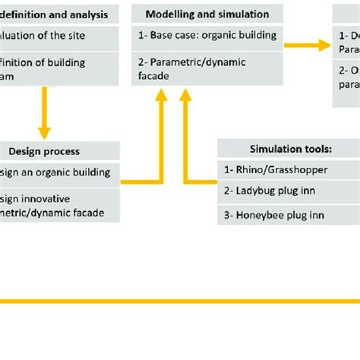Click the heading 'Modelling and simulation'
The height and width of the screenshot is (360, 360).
coord(207,14)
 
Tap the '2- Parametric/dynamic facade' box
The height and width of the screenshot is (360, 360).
coord(207,68)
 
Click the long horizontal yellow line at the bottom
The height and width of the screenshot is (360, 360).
coord(180,302)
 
